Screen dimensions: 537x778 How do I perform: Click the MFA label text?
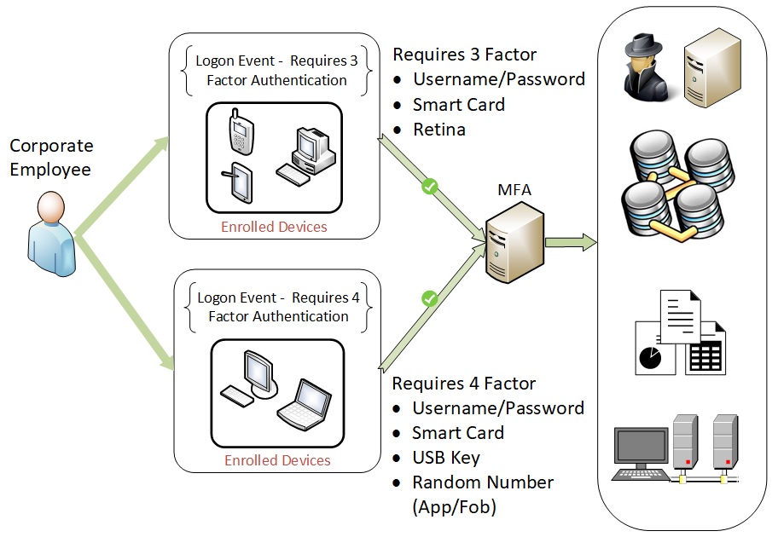coord(514,189)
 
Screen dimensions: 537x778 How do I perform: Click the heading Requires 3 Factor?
coord(464,55)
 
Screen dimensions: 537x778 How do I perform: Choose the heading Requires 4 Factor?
coord(464,383)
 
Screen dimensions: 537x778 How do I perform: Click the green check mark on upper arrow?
coord(430,185)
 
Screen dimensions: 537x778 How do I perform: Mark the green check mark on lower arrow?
coord(430,298)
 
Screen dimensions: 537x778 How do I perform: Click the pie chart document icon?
coord(655,349)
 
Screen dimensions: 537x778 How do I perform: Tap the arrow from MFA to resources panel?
coord(571,243)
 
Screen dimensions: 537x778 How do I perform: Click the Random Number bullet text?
coord(483,482)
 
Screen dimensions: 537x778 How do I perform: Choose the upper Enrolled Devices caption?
coord(274,227)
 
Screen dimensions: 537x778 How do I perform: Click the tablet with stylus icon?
coord(240,182)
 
